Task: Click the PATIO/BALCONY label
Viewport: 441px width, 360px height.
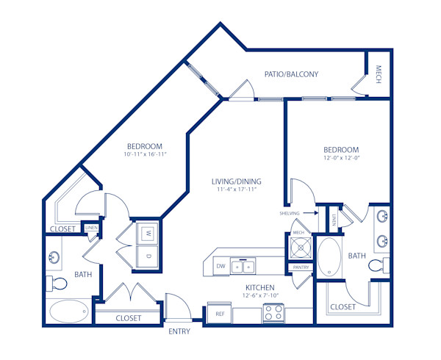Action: (x=292, y=74)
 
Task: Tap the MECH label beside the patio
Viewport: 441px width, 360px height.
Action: (x=379, y=75)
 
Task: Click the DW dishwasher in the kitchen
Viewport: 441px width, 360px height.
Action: (x=220, y=266)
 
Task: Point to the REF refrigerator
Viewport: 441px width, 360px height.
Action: (x=219, y=313)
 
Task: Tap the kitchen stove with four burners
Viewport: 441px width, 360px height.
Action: (x=273, y=313)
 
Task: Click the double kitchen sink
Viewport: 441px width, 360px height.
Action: (x=243, y=266)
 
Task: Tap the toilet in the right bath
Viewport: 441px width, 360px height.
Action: (x=379, y=265)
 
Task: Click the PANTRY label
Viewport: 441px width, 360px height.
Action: (x=299, y=267)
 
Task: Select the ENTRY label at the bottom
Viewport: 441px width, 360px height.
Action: (x=179, y=331)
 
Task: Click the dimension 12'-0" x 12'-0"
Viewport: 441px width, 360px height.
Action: (x=342, y=157)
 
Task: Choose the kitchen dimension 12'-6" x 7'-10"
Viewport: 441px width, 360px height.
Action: (x=260, y=296)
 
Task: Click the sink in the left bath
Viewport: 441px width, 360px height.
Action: (x=54, y=258)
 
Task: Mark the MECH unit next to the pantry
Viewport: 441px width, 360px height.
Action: (x=299, y=243)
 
